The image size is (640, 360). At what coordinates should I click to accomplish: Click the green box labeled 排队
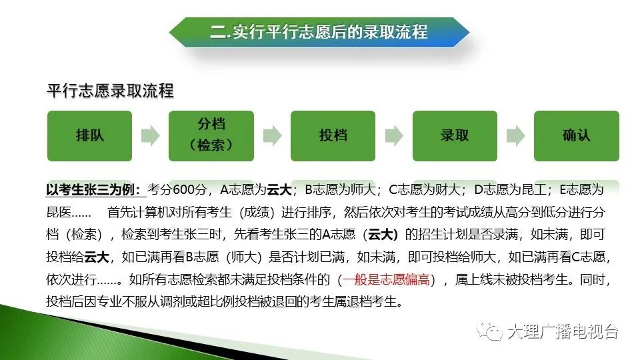tap(89, 136)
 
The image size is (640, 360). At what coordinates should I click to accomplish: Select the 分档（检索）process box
tap(211, 136)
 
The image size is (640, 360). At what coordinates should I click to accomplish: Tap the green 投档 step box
tap(333, 136)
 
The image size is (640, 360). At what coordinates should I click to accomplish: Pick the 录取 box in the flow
tap(455, 136)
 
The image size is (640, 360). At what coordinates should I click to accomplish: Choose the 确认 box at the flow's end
tap(576, 136)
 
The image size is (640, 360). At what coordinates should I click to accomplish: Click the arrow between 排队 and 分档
tap(150, 135)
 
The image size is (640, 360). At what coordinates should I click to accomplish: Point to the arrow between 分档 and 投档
tap(272, 135)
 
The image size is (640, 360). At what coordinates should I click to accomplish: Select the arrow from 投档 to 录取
tap(394, 135)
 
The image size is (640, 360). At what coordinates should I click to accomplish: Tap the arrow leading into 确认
tap(515, 135)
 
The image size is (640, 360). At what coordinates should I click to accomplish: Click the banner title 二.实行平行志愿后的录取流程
tap(319, 32)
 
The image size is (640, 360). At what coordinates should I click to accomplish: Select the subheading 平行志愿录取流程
tap(110, 91)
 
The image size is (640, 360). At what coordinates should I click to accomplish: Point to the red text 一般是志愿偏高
tap(386, 279)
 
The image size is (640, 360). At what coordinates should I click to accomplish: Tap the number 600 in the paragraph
tap(184, 190)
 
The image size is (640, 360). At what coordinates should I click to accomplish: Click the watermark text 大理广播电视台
tap(563, 331)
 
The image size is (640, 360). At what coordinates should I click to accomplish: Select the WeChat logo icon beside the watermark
tap(489, 331)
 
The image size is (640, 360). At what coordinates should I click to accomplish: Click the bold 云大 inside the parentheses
tap(383, 235)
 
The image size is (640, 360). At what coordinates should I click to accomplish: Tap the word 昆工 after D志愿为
tap(534, 190)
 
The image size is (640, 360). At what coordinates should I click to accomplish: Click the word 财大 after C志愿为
tap(448, 190)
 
